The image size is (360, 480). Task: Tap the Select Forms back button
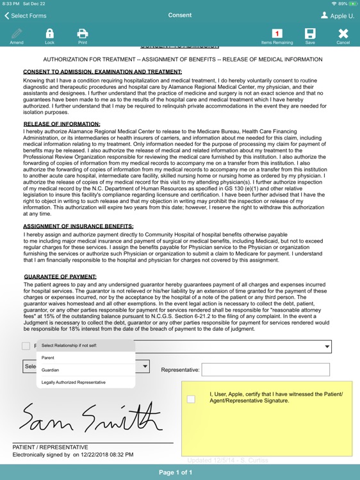tap(26, 15)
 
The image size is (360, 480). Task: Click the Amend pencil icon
tap(17, 35)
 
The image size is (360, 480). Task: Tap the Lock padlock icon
tap(49, 35)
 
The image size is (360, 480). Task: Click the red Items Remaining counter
tap(277, 34)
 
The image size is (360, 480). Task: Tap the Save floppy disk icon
tap(310, 35)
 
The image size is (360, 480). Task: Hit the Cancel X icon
tap(343, 35)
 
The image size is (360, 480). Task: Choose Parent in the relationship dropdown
tap(48, 357)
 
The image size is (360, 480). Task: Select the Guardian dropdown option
tap(51, 369)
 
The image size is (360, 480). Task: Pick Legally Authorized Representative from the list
tap(74, 382)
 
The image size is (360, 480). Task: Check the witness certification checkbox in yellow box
tap(191, 399)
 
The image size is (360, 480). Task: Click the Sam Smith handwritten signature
tap(90, 417)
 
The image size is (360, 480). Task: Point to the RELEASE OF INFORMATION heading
tap(61, 124)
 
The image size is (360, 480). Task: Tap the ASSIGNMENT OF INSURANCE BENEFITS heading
tap(78, 226)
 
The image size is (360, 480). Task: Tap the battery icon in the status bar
tap(352, 4)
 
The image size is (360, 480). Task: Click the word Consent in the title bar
tap(180, 15)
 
